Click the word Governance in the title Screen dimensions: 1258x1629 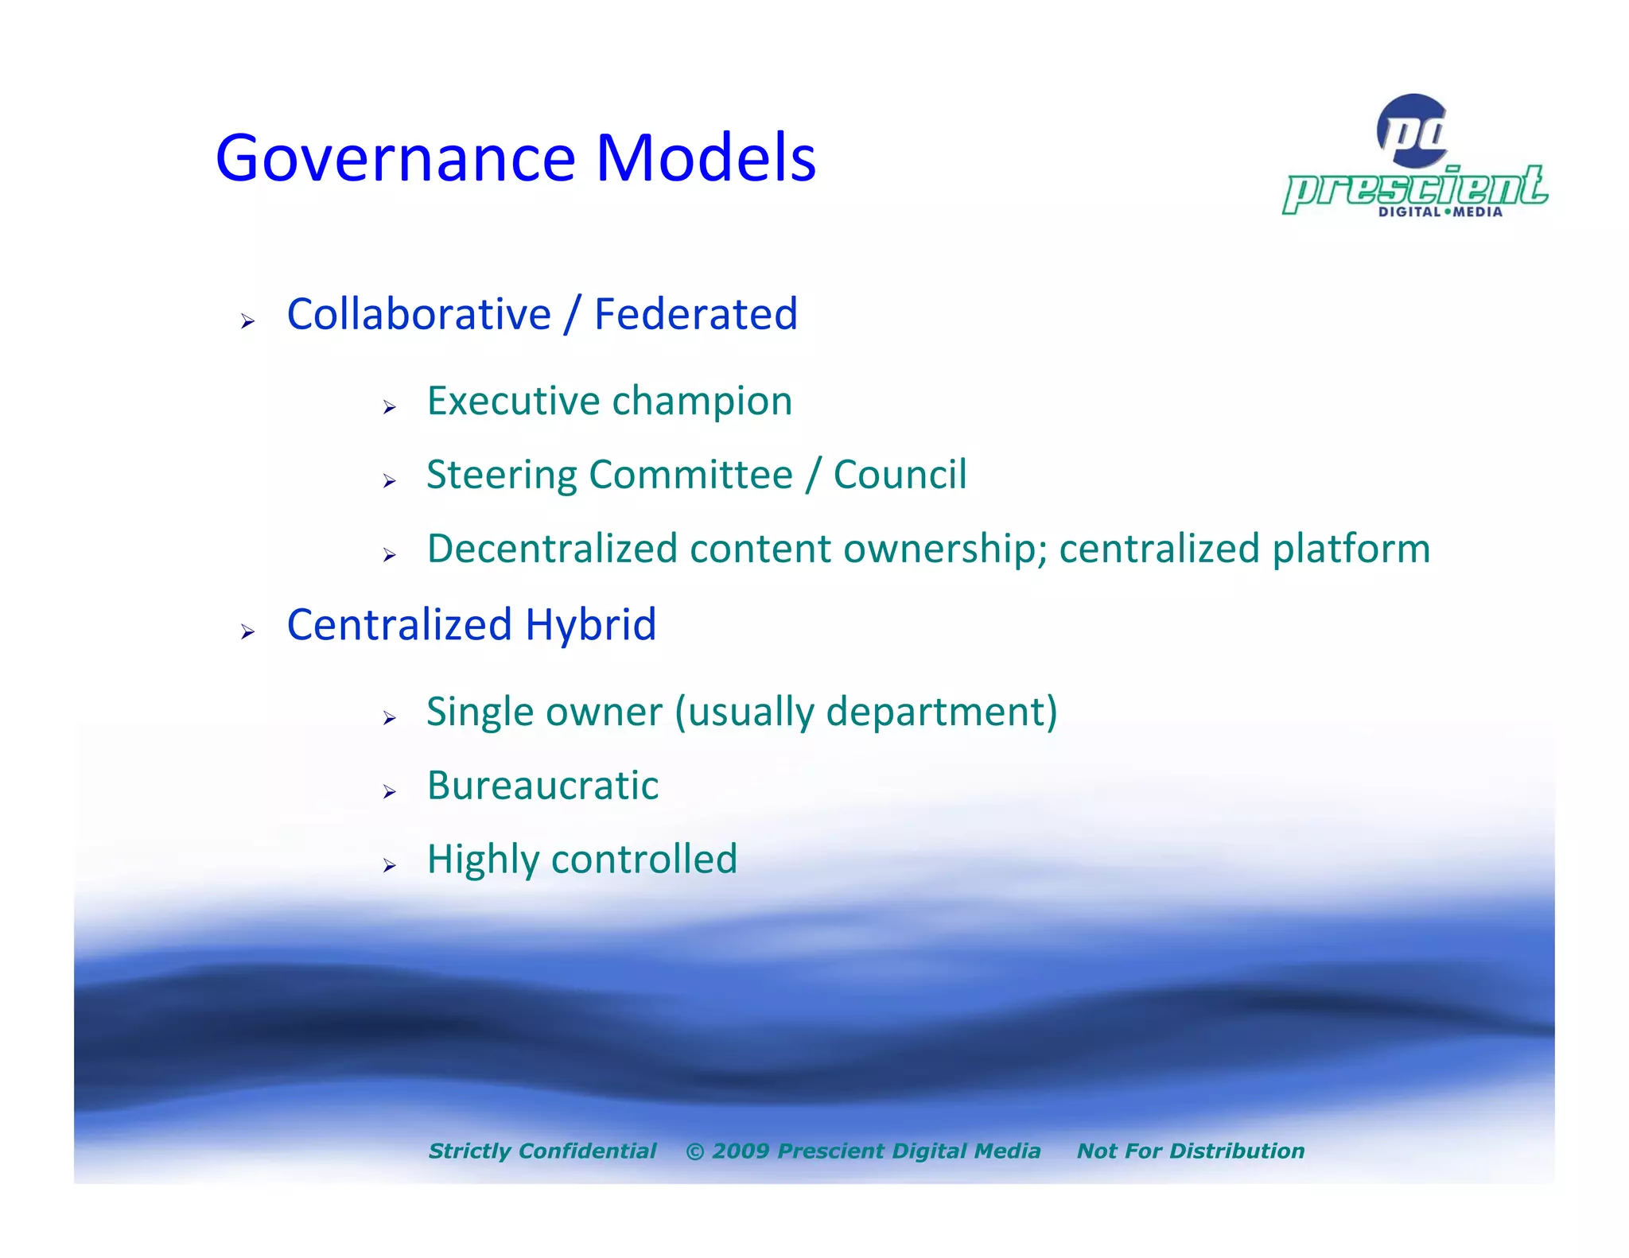click(395, 157)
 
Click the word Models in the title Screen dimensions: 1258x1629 click(706, 157)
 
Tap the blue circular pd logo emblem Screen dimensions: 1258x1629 click(1412, 130)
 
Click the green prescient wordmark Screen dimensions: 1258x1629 click(1414, 188)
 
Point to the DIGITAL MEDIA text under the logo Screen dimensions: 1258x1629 click(1440, 212)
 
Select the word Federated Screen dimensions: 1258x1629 click(695, 314)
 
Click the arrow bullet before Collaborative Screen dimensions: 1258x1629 click(248, 321)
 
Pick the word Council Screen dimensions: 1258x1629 click(900, 475)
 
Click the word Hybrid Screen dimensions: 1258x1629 click(590, 625)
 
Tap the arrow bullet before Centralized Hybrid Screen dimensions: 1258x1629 click(248, 632)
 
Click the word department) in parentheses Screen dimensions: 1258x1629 click(942, 712)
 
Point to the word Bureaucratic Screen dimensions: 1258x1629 click(542, 786)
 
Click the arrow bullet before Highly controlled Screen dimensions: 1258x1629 click(389, 865)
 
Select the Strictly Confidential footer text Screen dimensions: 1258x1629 click(542, 1151)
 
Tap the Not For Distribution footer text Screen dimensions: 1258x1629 click(1190, 1151)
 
